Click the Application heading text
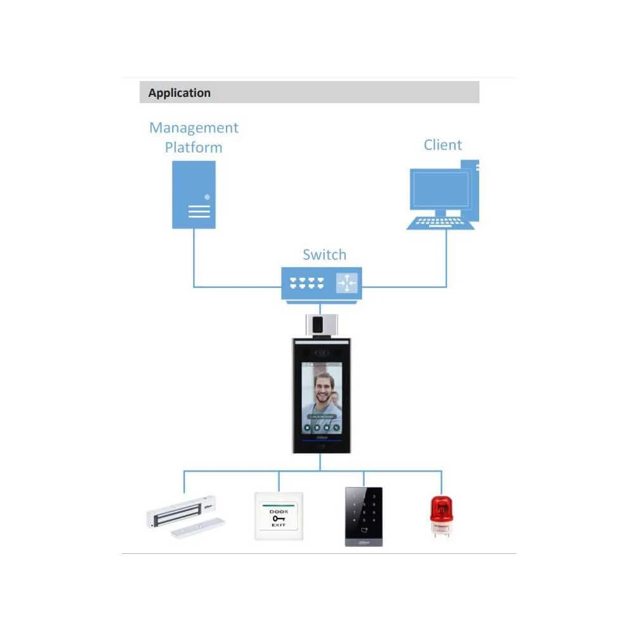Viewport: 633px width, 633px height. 179,93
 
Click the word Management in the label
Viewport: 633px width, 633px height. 194,128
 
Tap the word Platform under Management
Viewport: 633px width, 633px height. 194,147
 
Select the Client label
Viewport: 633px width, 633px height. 442,145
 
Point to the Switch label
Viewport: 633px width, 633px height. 324,255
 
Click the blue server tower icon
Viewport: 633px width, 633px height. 194,194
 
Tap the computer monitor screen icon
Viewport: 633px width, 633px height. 440,189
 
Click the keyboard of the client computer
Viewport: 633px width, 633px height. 440,222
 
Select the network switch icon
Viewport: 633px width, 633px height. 320,282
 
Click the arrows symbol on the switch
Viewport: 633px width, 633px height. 346,283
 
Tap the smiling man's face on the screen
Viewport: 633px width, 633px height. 324,391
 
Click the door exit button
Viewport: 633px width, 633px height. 279,515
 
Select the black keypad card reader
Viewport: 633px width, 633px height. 364,515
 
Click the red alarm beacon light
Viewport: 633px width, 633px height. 441,514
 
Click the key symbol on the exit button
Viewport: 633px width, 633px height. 279,518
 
